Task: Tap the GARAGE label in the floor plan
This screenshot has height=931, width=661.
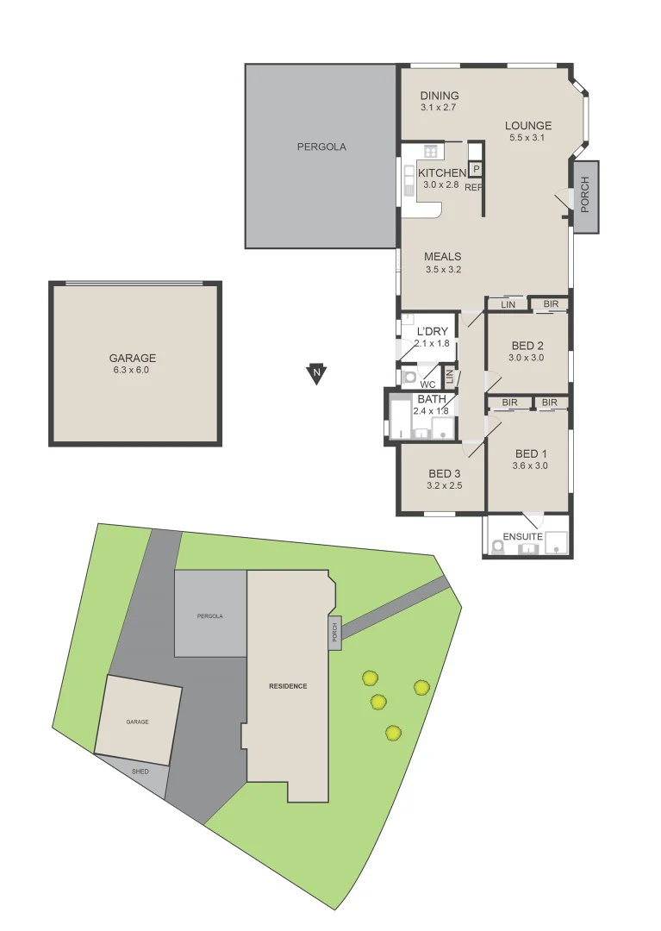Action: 132,358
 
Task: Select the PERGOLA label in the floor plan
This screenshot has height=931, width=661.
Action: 321,147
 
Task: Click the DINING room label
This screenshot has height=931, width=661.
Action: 440,96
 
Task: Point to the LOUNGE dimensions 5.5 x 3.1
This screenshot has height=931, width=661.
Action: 528,138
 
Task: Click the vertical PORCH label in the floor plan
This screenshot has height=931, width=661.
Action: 585,196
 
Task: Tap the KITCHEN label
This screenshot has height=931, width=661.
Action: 442,173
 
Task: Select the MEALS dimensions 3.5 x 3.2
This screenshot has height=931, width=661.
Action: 444,270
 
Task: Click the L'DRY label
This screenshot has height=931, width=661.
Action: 432,332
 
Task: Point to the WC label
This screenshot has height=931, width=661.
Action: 427,384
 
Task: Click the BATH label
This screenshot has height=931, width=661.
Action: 432,399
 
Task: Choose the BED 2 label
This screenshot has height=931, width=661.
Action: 526,346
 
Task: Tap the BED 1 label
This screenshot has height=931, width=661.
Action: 531,454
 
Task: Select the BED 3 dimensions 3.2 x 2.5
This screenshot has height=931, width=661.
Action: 445,485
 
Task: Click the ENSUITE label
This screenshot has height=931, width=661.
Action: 521,536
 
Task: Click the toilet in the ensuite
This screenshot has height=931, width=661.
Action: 497,546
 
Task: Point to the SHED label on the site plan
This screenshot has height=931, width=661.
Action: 140,771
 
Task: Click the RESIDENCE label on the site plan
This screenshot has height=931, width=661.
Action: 288,686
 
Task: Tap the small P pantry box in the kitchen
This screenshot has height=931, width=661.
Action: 475,169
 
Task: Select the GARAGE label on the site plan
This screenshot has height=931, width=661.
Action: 137,721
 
